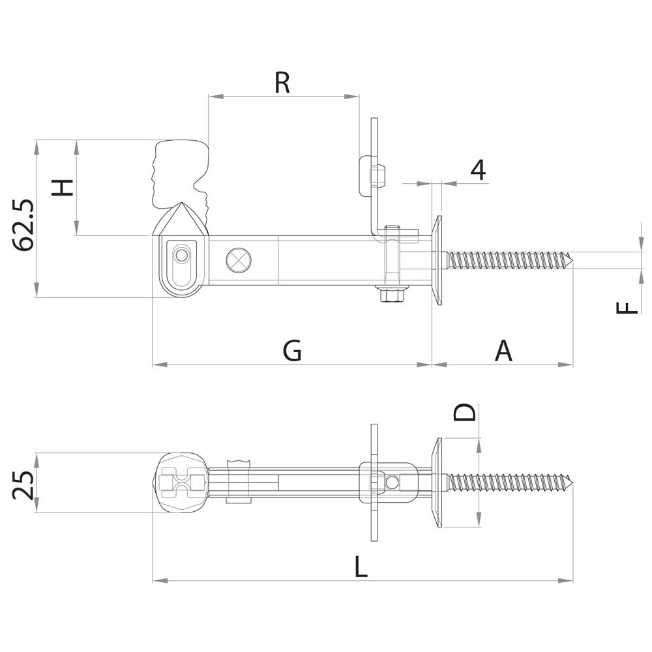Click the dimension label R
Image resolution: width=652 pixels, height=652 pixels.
tap(282, 83)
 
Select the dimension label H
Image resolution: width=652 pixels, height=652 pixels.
tap(63, 188)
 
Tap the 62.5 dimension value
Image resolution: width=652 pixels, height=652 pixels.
tap(24, 226)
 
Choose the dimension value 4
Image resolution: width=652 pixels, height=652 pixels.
tap(479, 170)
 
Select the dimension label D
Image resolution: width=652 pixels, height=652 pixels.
tap(466, 412)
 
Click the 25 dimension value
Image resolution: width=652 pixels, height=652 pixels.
tap(23, 485)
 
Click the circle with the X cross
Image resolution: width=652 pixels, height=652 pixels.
tap(238, 259)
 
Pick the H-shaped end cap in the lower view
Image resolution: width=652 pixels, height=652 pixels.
tap(182, 483)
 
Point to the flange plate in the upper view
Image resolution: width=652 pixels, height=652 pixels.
tap(437, 260)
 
